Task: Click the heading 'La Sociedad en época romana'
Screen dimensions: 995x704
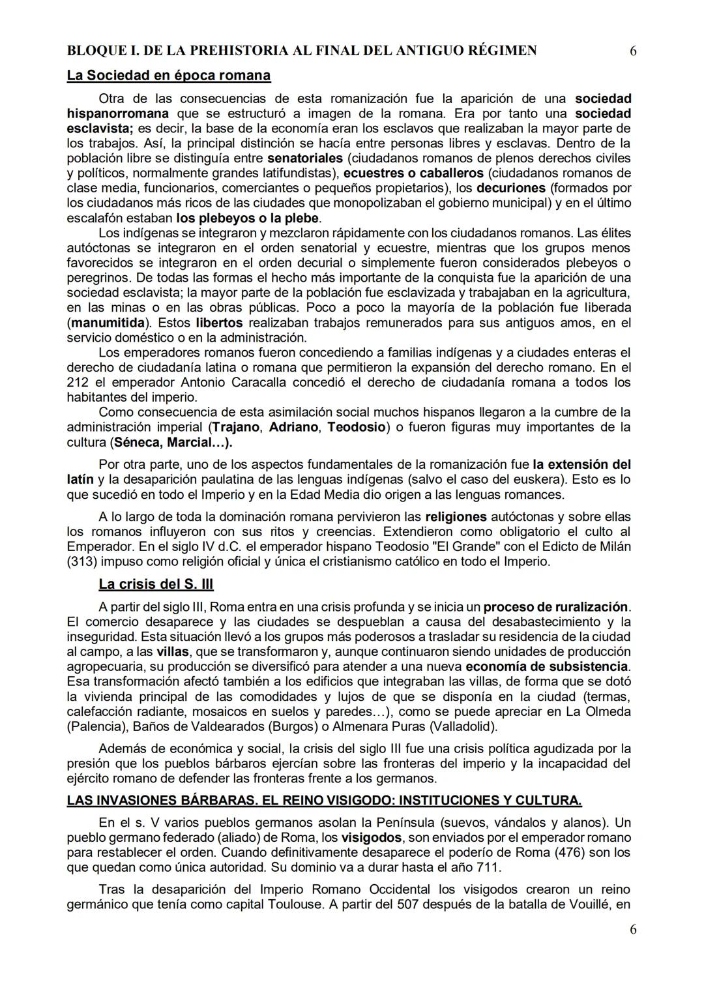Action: coord(168,76)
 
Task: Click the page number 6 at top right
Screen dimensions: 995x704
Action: coord(634,51)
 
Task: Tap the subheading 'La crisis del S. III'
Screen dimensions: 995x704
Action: coord(156,584)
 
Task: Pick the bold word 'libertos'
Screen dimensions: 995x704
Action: coord(219,323)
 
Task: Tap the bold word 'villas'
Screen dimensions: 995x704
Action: coord(172,652)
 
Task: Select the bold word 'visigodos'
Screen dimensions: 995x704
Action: coord(372,838)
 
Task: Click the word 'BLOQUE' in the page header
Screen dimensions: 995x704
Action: coord(96,51)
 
